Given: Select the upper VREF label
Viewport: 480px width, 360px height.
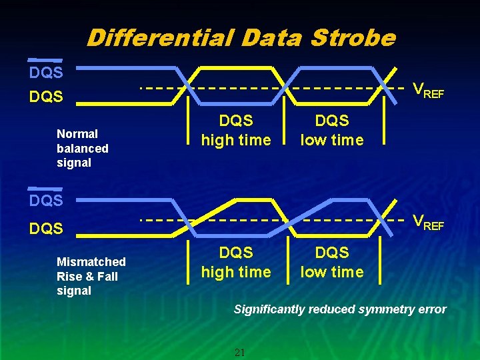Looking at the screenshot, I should click(x=428, y=90).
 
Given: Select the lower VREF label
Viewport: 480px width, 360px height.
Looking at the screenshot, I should click(x=428, y=222).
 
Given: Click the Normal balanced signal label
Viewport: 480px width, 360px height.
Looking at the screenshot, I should click(x=83, y=148).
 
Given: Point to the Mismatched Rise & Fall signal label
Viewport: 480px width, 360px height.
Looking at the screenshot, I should click(x=91, y=276).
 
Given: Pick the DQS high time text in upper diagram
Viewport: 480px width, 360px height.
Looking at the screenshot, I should click(x=236, y=130).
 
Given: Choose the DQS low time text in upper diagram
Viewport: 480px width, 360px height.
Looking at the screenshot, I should click(x=331, y=130).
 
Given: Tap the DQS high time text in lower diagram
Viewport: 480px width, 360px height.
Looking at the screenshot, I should click(x=236, y=262).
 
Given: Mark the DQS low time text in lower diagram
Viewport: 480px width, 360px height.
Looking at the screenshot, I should click(x=331, y=262).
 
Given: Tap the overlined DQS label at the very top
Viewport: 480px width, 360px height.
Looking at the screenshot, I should click(x=46, y=71).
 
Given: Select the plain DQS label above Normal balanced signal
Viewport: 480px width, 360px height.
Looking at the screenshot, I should click(x=46, y=97).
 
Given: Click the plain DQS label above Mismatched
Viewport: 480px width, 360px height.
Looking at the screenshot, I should click(x=46, y=229).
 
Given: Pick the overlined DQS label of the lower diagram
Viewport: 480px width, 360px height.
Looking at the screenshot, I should click(x=46, y=199).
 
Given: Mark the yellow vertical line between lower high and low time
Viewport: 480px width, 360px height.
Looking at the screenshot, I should click(x=288, y=257).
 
